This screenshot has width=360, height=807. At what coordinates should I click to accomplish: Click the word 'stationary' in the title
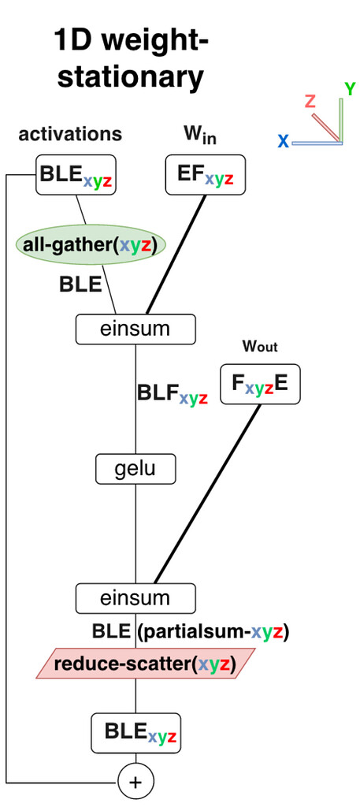click(130, 77)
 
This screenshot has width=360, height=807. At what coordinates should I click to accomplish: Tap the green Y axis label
click(351, 89)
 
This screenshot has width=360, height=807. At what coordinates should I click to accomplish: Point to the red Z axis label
click(310, 101)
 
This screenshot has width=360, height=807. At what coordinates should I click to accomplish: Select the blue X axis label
click(284, 140)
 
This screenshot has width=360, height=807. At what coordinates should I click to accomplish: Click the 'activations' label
click(70, 134)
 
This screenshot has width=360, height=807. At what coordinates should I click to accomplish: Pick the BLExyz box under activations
click(76, 175)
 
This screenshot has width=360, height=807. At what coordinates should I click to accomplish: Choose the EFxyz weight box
click(206, 175)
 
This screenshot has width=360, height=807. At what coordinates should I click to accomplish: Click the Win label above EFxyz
click(200, 136)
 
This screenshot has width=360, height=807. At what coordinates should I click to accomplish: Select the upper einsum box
click(135, 329)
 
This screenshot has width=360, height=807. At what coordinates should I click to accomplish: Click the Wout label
click(260, 347)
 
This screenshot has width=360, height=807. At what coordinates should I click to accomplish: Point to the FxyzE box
click(260, 384)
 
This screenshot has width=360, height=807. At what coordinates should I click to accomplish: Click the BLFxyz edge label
click(173, 395)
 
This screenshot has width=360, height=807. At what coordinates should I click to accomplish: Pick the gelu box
click(135, 469)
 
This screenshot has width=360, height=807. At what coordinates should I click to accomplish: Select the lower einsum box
click(135, 598)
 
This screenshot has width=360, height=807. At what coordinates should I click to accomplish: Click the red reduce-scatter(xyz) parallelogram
click(145, 664)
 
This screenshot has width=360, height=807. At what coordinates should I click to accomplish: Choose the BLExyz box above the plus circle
click(135, 732)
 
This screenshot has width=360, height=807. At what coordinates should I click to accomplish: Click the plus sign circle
click(135, 783)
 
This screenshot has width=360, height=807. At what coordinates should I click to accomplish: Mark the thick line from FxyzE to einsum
click(206, 493)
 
